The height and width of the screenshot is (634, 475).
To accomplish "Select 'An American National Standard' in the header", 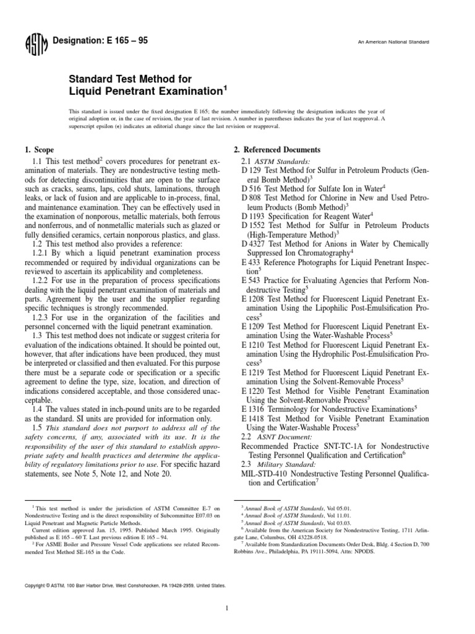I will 393,42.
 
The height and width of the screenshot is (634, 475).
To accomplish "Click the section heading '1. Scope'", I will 39,150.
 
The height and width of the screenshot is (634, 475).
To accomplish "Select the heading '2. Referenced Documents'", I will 277,150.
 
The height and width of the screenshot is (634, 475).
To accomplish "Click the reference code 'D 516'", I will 252,187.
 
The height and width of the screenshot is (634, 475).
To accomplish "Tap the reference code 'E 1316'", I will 254,409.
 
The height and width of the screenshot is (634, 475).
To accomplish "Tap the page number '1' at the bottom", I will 228,609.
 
